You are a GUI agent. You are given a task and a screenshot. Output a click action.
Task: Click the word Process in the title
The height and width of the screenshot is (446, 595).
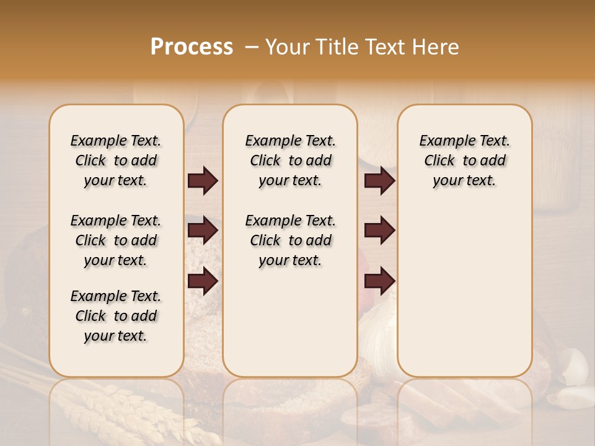[x=192, y=47]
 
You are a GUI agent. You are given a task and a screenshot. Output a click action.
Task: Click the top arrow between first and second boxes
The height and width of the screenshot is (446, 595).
[x=203, y=181]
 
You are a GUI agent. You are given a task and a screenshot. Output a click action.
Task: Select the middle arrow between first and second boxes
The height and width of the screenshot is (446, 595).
[x=203, y=230]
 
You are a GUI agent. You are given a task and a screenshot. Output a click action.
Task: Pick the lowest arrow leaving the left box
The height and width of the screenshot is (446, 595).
[x=203, y=281]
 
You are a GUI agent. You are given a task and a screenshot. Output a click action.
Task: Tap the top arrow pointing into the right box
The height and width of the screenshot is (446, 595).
[x=379, y=181]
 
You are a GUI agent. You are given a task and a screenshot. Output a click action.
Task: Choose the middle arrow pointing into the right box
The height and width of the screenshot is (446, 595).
[x=379, y=230]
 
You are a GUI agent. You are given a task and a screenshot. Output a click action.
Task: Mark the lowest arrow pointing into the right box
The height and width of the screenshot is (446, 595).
[x=379, y=281]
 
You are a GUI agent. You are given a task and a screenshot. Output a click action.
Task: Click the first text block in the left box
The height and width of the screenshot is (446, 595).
[x=116, y=160]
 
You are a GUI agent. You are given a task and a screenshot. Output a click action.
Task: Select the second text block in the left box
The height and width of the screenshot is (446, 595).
[x=116, y=240]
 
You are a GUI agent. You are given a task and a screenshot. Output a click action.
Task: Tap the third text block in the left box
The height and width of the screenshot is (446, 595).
[x=116, y=316]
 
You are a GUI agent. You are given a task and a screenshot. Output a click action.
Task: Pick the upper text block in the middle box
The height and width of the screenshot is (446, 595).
[x=290, y=160]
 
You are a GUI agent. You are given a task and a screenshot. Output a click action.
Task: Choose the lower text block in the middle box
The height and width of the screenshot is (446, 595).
[x=290, y=240]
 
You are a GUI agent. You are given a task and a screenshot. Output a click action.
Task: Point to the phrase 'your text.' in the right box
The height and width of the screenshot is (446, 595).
[x=464, y=181]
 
